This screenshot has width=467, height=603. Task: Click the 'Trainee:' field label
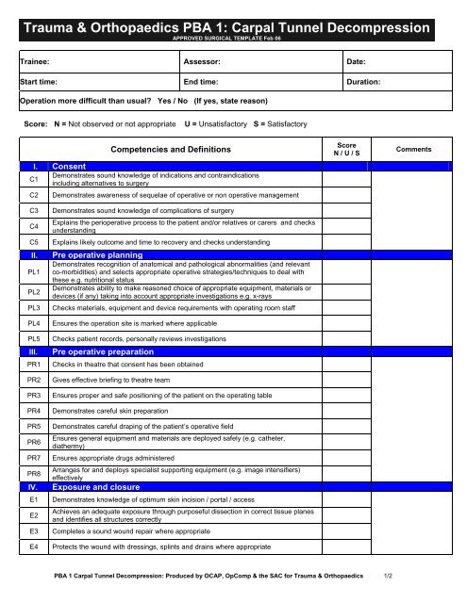(39, 62)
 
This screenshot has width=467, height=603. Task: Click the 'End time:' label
(205, 82)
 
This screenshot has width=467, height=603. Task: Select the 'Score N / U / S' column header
(350, 149)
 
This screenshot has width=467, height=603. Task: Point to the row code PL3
(34, 308)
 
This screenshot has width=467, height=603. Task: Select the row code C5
(34, 242)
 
